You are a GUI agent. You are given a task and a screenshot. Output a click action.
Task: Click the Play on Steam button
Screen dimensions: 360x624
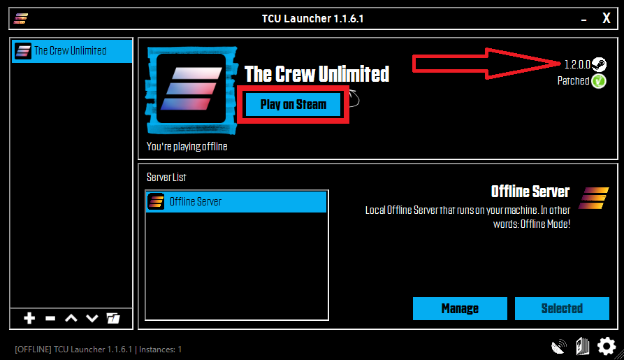(293, 105)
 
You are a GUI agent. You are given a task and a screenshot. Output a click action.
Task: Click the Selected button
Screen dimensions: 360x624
(561, 308)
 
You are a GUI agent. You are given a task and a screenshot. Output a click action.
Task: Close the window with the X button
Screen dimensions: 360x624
(606, 19)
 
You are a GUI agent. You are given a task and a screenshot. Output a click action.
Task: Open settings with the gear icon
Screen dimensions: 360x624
(606, 345)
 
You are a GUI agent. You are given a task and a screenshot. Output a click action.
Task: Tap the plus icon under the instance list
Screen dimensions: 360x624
(29, 319)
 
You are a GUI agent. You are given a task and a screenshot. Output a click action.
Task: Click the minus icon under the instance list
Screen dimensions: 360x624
(50, 319)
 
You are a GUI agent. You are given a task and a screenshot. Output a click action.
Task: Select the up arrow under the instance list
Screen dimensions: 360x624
(71, 319)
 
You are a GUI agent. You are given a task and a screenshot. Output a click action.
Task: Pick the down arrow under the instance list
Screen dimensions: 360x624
(92, 319)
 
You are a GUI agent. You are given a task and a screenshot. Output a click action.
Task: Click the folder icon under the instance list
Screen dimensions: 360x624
(113, 319)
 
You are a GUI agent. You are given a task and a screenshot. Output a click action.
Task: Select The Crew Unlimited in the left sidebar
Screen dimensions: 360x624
(71, 50)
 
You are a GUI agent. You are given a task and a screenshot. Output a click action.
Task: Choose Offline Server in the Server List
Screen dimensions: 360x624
(236, 201)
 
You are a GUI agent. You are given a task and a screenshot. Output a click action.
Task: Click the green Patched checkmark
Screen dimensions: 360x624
(599, 81)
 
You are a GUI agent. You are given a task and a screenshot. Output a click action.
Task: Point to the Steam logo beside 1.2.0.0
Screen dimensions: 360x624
(599, 65)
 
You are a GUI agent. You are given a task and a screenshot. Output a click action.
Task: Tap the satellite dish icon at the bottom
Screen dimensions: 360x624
(559, 346)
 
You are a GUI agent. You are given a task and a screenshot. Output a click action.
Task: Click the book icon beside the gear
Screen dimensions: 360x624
(582, 346)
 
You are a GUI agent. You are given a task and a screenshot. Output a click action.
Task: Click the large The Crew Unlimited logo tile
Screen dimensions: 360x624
(191, 89)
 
